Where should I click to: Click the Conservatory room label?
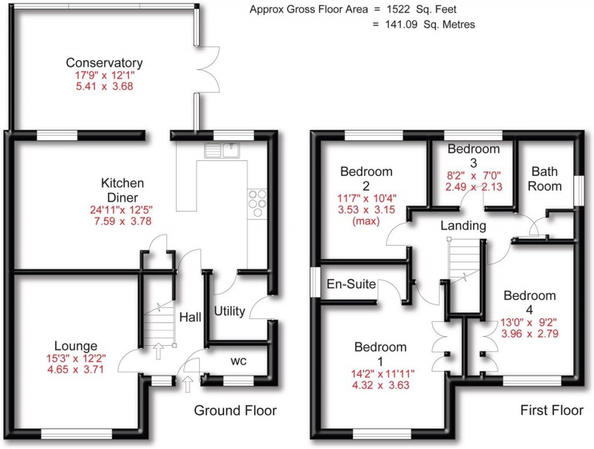pos(103,62)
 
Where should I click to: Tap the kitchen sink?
pos(222,151)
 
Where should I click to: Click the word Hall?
pos(190,317)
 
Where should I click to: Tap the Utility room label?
pos(229,310)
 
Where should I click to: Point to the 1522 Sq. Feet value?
pos(429,10)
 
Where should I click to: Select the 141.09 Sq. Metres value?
pos(427,24)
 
